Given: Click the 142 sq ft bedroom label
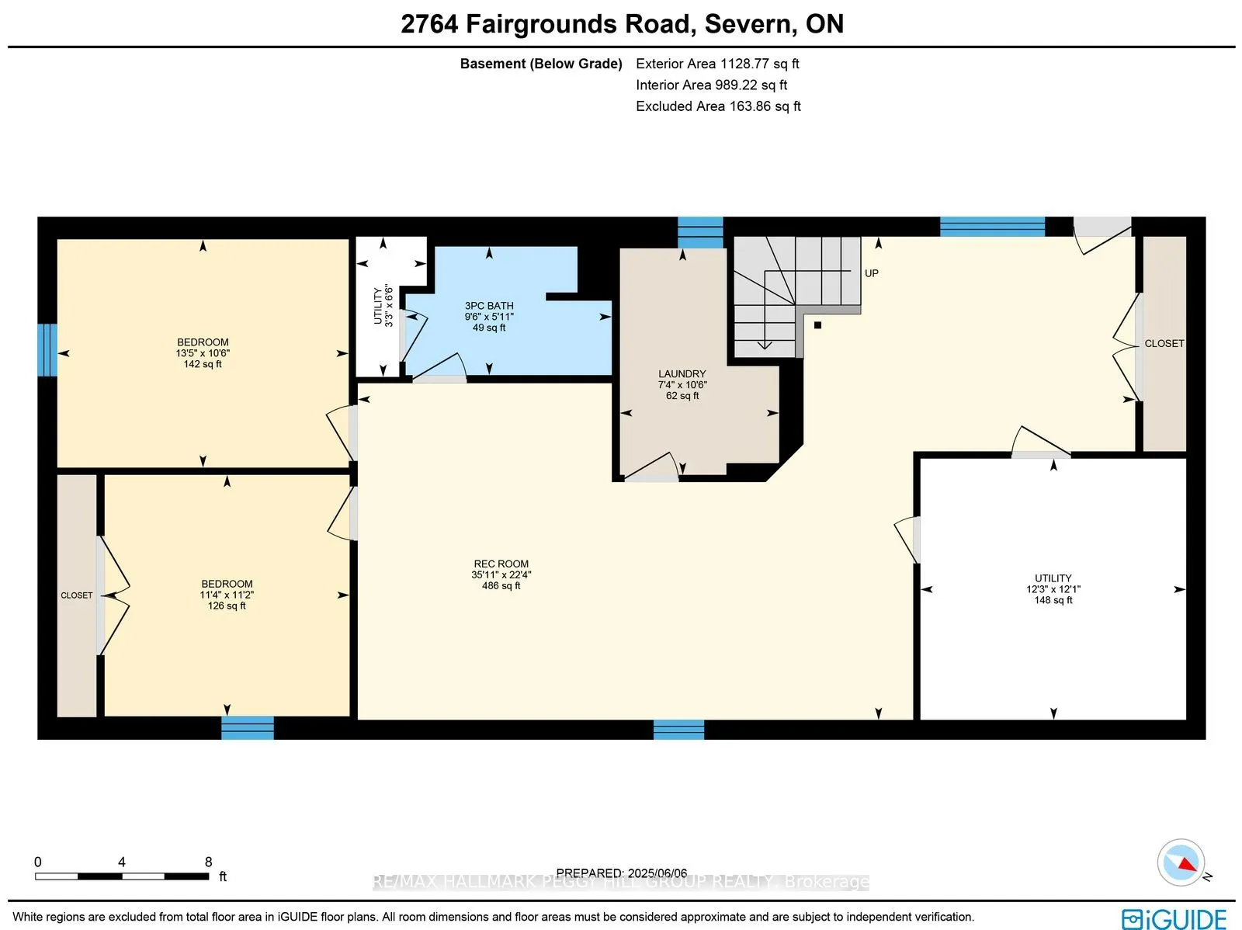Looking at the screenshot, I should [x=203, y=352].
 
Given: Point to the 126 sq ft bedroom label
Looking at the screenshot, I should [x=227, y=595].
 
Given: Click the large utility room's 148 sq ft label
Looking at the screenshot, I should [x=1053, y=589].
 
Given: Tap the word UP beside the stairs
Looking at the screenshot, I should [x=872, y=273].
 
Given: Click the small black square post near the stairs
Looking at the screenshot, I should [x=817, y=325].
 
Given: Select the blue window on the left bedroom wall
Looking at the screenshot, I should [x=47, y=349].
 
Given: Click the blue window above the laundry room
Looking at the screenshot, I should [x=700, y=232].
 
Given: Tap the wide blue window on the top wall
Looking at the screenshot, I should [x=992, y=227].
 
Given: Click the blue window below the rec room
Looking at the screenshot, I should [x=678, y=730].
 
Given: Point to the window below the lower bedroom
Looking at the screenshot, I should [x=247, y=728].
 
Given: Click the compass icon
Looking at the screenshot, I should [x=1181, y=862].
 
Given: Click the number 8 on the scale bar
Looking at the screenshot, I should [x=208, y=862].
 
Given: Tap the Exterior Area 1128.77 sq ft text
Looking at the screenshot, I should [x=717, y=64].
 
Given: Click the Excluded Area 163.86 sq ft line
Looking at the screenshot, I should [x=718, y=106].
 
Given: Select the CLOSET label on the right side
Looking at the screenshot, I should [x=1164, y=343].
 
